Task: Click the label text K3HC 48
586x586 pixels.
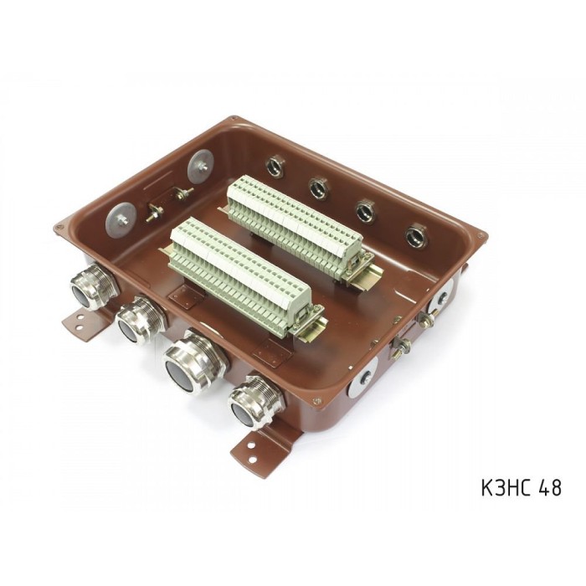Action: click(522, 487)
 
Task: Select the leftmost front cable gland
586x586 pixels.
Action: click(94, 286)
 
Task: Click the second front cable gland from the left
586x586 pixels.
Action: click(141, 319)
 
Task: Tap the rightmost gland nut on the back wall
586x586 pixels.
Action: click(415, 235)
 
